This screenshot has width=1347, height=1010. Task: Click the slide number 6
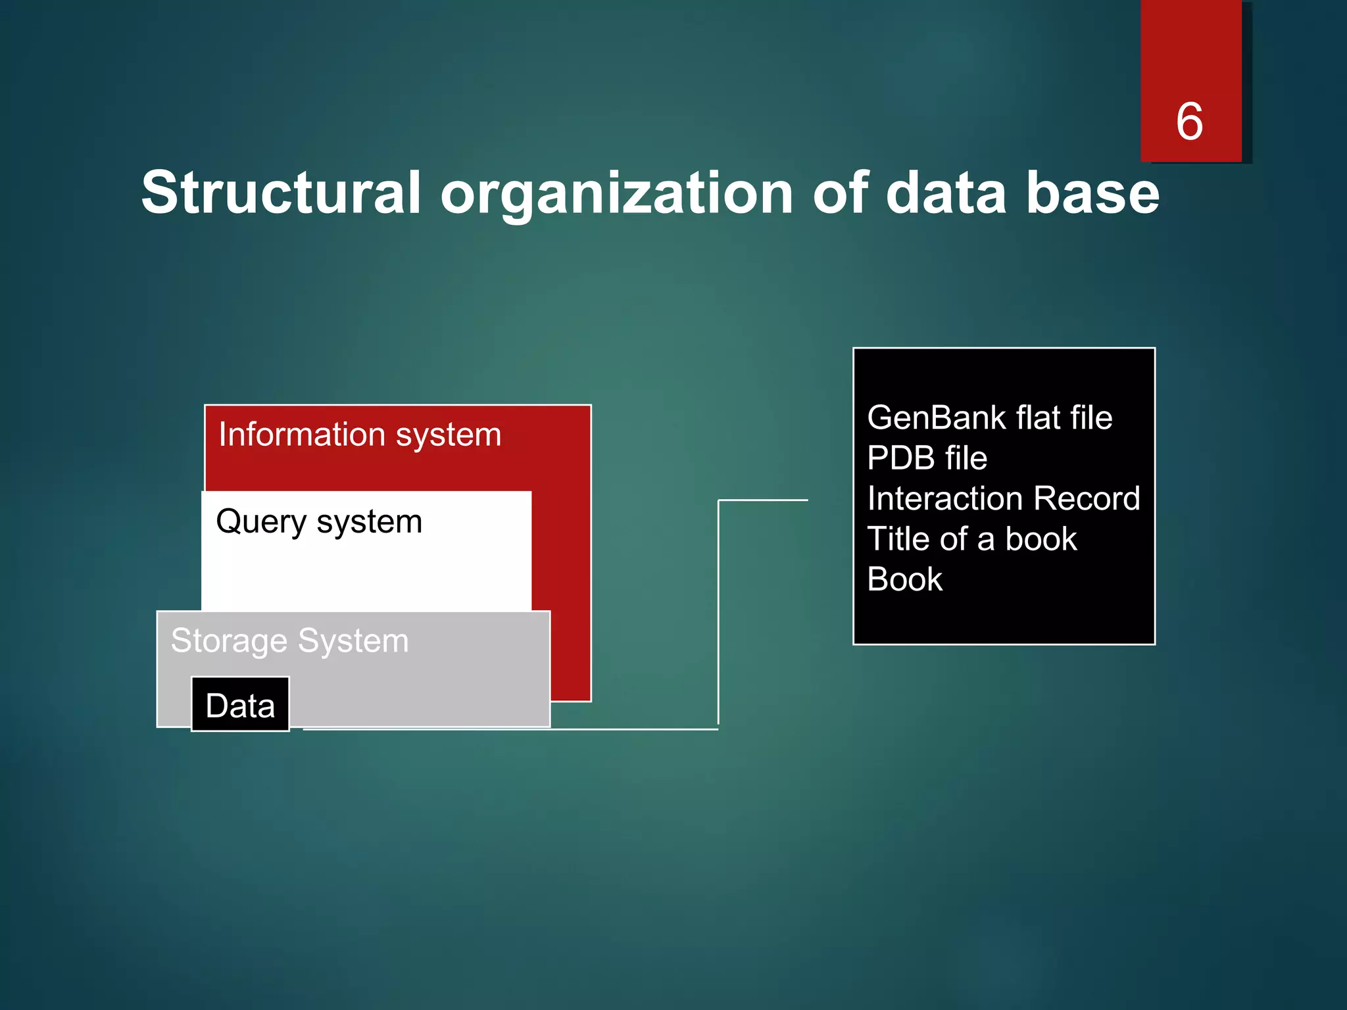click(1189, 122)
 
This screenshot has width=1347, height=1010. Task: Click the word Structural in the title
click(281, 193)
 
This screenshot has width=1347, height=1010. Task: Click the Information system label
click(360, 435)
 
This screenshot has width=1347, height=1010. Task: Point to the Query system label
click(319, 522)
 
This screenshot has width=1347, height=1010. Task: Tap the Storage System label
click(289, 641)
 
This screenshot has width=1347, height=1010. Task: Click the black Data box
click(240, 705)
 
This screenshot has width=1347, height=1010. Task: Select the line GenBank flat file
click(989, 418)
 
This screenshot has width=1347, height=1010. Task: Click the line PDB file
click(927, 458)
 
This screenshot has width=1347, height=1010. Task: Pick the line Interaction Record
click(1003, 498)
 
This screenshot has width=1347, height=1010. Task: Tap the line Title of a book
click(971, 539)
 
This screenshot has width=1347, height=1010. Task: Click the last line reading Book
click(904, 580)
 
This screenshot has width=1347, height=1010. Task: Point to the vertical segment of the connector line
click(718, 612)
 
